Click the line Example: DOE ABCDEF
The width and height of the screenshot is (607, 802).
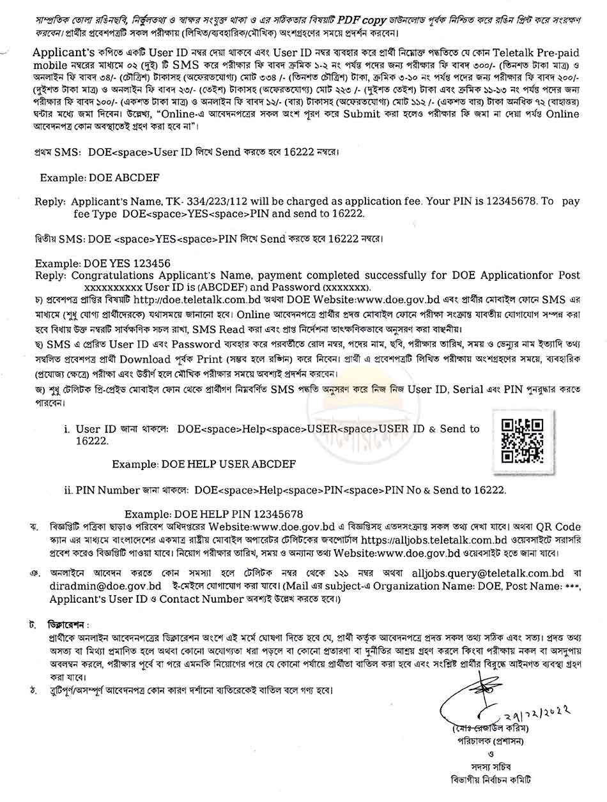[100, 177]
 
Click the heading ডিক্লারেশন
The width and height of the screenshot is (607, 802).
[70, 623]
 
